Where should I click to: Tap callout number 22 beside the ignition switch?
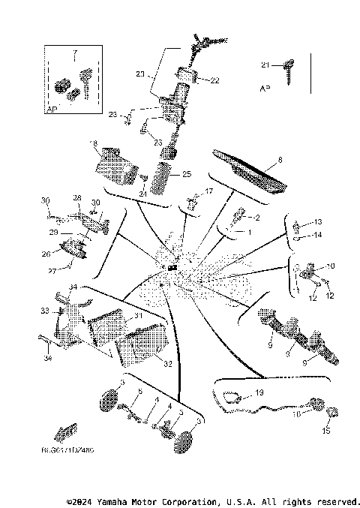pos(214,80)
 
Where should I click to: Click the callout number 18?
pos(94,143)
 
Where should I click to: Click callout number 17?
pos(208,192)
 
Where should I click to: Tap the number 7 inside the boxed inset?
pos(73,56)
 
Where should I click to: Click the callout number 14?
pos(317,235)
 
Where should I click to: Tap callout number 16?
pos(297,413)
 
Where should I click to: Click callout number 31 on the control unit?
pos(137,317)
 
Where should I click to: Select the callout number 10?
pos(331,266)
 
